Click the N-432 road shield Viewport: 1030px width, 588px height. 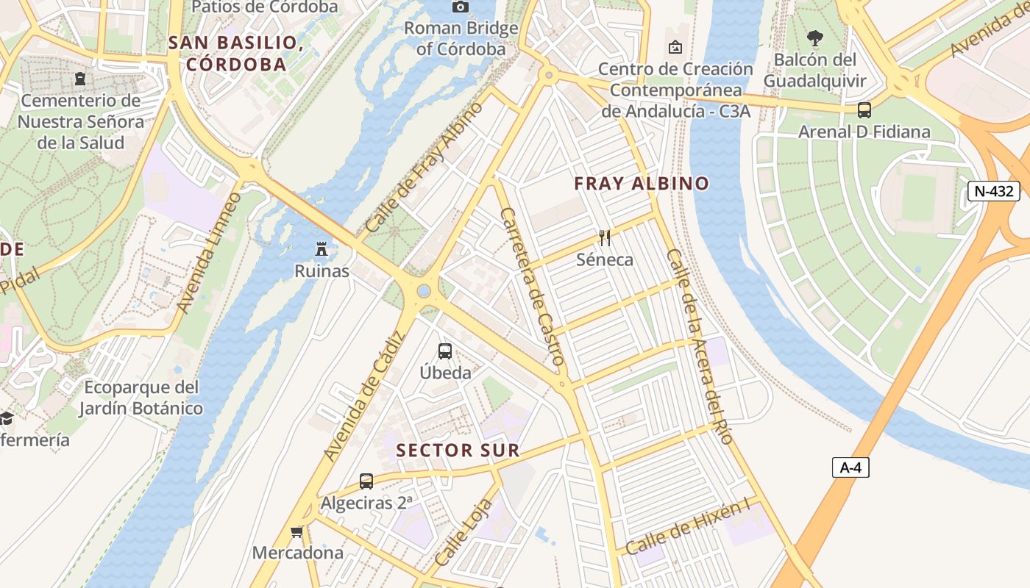click(x=994, y=192)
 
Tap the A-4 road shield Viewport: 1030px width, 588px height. click(x=850, y=467)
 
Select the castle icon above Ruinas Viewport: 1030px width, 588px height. click(x=322, y=250)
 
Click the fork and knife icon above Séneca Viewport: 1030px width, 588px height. click(x=605, y=238)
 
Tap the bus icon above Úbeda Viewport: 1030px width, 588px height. click(x=445, y=351)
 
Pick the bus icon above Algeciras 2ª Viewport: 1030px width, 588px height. click(x=366, y=481)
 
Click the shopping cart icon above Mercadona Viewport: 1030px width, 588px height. click(x=297, y=531)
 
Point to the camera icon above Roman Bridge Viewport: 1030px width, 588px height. click(x=461, y=7)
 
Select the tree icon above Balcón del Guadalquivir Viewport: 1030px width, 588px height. click(x=814, y=38)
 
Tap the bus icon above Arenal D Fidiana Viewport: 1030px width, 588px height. click(x=864, y=110)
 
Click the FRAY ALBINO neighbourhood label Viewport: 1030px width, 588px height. click(x=642, y=184)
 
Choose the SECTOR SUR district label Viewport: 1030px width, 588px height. click(x=458, y=451)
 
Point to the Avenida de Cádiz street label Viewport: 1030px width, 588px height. click(x=365, y=397)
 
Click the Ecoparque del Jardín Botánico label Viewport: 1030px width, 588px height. click(x=141, y=398)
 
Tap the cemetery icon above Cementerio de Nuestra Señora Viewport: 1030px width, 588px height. click(x=80, y=78)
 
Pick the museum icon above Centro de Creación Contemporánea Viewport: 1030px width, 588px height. click(x=675, y=49)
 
